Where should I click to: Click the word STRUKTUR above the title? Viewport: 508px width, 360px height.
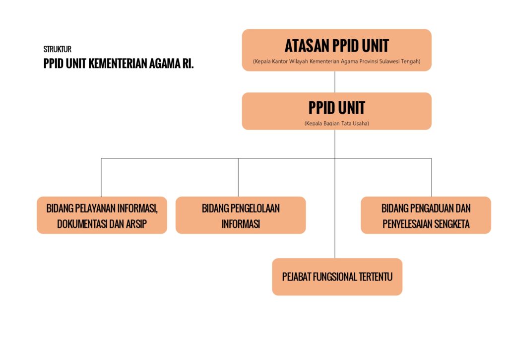58,49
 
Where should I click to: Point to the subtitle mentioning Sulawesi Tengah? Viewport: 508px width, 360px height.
337,61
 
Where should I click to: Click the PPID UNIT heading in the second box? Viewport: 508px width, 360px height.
337,108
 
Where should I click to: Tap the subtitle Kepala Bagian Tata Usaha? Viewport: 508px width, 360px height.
337,123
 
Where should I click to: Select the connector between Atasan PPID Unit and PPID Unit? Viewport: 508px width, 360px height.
335,82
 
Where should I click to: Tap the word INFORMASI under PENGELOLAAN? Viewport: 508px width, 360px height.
241,224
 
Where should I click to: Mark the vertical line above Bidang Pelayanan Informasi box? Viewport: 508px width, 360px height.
101,177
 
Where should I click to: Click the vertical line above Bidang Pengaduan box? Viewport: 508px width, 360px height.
431,177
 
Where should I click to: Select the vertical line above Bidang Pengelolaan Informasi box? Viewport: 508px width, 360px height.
238,177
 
